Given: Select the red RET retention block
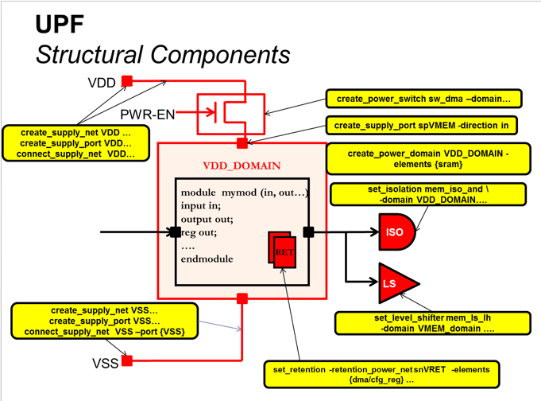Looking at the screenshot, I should pos(283,251).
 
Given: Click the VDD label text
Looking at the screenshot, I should pos(101,82).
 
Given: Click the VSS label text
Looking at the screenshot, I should pos(106,363).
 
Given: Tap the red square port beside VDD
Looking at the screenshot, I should pos(127,81).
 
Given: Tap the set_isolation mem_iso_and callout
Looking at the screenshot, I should pos(427,194).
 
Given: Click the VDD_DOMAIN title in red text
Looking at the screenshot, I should pos(242,165).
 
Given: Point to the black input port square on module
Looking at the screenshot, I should pos(175,232).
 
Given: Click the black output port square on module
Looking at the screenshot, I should pos(309,232).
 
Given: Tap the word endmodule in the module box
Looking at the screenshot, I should pos(207,259).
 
